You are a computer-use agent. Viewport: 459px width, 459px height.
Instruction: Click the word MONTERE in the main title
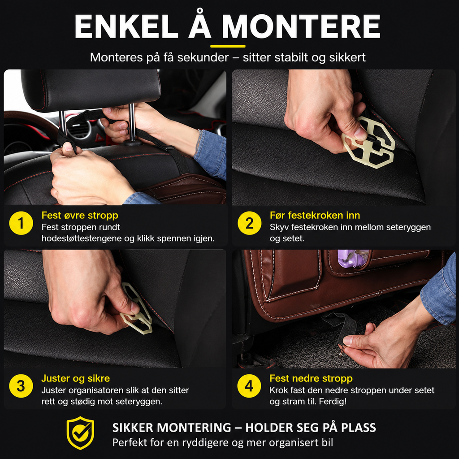(301, 26)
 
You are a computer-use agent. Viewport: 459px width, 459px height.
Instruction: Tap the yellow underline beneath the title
(228, 46)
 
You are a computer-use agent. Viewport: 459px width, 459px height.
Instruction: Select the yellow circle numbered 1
(21, 223)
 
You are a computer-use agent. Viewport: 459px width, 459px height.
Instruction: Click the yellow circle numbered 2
(249, 223)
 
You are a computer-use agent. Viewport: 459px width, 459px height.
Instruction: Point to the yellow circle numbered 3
(21, 386)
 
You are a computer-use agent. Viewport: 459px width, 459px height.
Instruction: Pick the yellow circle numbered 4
(249, 386)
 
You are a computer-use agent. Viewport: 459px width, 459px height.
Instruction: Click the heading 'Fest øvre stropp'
(80, 215)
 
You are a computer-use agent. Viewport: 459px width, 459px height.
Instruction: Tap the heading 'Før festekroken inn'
(315, 215)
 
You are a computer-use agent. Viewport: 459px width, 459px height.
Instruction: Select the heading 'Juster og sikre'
(75, 378)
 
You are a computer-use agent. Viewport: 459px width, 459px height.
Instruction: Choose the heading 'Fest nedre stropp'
(311, 378)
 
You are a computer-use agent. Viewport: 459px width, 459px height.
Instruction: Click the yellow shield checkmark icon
(81, 433)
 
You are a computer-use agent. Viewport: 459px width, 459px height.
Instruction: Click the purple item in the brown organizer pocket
(353, 258)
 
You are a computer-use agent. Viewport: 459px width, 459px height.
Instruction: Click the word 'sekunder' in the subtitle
(203, 57)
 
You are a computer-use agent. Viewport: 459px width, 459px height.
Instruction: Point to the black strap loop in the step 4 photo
(342, 326)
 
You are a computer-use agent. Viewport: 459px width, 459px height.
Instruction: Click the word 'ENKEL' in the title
(126, 26)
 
